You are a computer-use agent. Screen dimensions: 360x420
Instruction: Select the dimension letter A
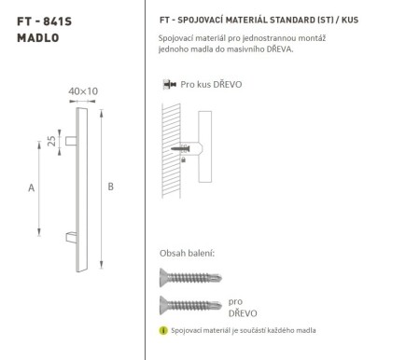(31, 187)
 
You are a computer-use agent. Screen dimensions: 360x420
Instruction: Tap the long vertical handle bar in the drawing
(84, 187)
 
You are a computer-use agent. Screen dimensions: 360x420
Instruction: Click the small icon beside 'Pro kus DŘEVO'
(168, 84)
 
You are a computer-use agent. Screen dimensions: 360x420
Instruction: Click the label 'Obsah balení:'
(188, 253)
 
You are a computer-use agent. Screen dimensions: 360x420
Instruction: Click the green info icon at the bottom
(163, 331)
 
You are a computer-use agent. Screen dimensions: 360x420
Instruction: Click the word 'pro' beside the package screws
(235, 301)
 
